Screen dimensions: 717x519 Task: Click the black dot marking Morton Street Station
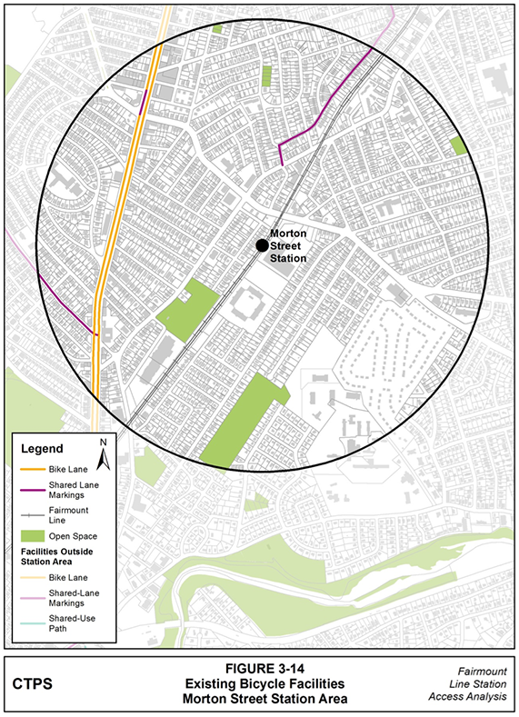point(262,244)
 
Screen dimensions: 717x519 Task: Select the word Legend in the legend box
point(43,449)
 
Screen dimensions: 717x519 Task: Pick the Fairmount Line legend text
point(76,516)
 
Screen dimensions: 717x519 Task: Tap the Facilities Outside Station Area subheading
point(58,557)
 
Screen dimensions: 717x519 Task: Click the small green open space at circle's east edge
point(459,145)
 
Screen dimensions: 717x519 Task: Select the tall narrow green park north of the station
point(266,75)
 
